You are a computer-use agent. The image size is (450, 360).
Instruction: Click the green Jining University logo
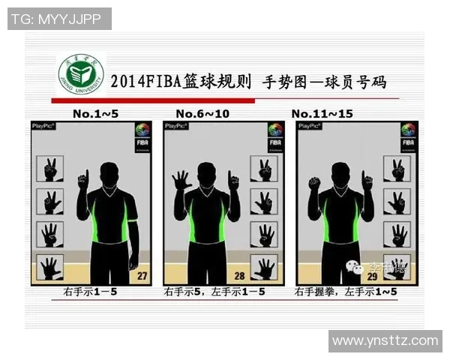[x=80, y=74]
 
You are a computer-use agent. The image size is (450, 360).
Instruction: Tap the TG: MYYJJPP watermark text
[x=59, y=19]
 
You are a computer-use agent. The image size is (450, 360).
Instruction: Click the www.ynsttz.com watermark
[x=385, y=341]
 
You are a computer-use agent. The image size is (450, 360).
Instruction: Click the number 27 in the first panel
[x=140, y=276]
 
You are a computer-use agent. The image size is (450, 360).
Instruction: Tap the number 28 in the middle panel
[x=241, y=276]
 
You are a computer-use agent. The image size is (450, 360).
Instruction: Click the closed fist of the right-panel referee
[x=314, y=182]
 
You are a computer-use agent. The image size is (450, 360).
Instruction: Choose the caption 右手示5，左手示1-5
[x=214, y=291]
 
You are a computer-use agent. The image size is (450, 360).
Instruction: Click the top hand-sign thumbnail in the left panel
[x=50, y=169]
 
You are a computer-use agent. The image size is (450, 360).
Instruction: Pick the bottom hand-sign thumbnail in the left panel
[x=50, y=267]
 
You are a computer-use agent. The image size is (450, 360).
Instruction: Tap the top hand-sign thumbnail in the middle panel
[x=263, y=168]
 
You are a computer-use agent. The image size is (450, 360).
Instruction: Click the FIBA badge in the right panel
[x=408, y=136]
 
